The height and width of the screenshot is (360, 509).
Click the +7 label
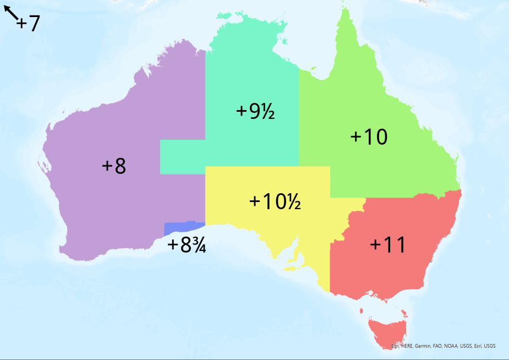point(28,24)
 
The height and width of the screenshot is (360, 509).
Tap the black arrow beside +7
point(11,13)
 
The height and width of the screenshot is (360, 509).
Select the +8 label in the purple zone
point(114,166)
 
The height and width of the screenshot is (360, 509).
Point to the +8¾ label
point(187,245)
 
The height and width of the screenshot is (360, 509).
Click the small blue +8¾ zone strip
point(184,228)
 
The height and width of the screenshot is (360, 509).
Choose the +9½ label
point(255,111)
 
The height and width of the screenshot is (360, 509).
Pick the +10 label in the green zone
point(369,138)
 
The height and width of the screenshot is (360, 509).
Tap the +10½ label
point(275,201)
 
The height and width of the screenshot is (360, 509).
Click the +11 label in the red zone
point(387,245)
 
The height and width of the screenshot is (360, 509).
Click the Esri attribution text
point(443,346)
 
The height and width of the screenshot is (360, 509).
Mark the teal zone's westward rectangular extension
point(182,157)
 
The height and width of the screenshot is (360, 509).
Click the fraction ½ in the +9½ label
point(268,112)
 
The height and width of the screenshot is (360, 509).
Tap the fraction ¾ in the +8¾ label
point(199,246)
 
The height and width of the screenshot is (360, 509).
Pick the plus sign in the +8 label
point(107,166)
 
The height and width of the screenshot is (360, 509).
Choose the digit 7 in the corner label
point(34,24)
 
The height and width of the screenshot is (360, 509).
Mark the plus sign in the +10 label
point(356,138)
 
